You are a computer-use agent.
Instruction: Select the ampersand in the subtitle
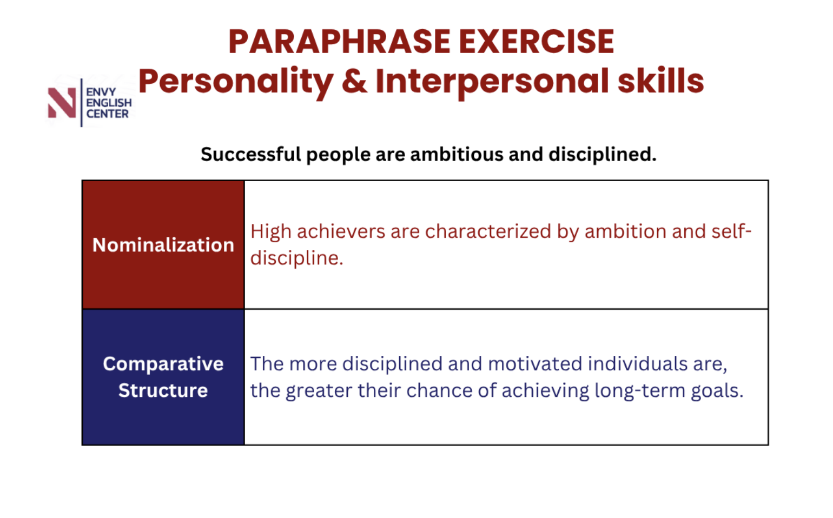click(x=354, y=81)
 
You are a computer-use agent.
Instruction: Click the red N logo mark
click(x=62, y=103)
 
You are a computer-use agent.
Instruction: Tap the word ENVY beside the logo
click(x=101, y=92)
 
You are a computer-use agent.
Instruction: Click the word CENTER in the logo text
click(x=108, y=114)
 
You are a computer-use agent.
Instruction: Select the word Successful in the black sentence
click(x=250, y=154)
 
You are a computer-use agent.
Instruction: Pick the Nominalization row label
click(x=163, y=245)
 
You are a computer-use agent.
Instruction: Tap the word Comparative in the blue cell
click(x=163, y=364)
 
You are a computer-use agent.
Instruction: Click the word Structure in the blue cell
click(x=163, y=390)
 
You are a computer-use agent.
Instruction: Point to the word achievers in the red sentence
click(x=340, y=231)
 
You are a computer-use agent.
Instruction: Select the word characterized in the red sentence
click(x=488, y=231)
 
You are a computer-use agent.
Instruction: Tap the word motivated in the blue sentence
click(x=535, y=364)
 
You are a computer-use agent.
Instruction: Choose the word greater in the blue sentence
click(x=319, y=391)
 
